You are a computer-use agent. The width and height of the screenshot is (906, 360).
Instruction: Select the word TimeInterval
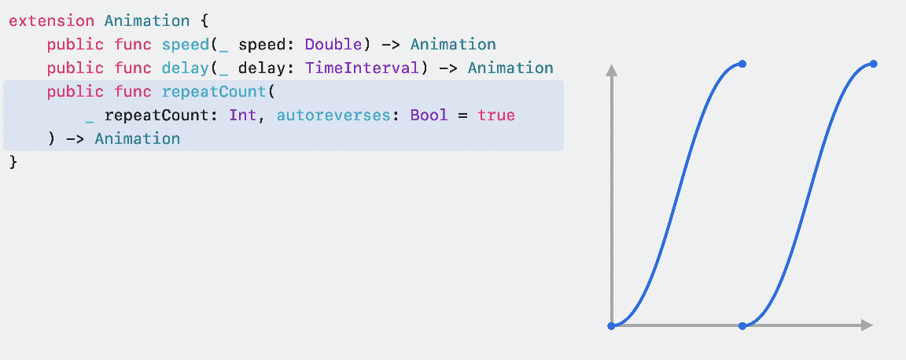coord(363,68)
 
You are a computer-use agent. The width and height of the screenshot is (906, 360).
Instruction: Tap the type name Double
coord(333,45)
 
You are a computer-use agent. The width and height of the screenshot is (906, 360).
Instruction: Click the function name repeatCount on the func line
coord(214,92)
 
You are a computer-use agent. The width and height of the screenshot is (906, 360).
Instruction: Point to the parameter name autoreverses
coord(333,116)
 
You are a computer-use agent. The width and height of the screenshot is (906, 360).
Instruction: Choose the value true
coord(496,116)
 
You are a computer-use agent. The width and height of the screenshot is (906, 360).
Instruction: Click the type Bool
coord(429,116)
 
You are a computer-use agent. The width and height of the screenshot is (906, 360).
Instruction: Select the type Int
coord(242,116)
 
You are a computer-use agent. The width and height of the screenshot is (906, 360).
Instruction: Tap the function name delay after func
coord(186,68)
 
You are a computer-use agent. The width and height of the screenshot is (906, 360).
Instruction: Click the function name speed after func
coord(186,45)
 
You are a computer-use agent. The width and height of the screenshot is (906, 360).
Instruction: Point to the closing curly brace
coord(13,162)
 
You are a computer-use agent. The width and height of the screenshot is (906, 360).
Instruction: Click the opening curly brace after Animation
coord(204,21)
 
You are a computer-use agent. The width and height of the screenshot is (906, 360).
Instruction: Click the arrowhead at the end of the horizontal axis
coord(867,325)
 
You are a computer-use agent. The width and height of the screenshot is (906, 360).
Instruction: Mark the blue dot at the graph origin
coord(611,325)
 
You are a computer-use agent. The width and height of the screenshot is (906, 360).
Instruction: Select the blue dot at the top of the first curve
coord(742,64)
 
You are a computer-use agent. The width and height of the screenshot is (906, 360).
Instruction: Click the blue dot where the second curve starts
coord(742,325)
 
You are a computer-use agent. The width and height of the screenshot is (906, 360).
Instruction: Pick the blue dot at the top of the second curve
coord(874,64)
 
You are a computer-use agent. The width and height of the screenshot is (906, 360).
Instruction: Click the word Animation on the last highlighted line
coord(138,139)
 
